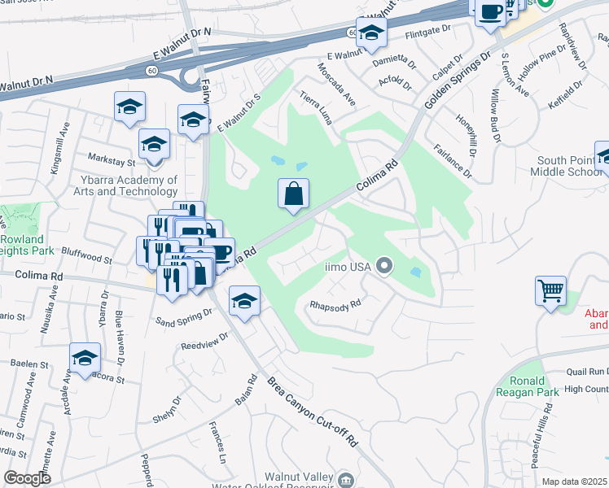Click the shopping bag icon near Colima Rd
pyautogui.click(x=294, y=194)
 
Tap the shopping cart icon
pyautogui.click(x=550, y=290)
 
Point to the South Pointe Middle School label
pyautogui.click(x=566, y=166)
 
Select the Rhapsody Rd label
pyautogui.click(x=335, y=307)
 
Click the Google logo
pyautogui.click(x=27, y=478)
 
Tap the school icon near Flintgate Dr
pyautogui.click(x=370, y=33)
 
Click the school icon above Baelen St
pyautogui.click(x=85, y=358)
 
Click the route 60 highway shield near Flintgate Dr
pyautogui.click(x=351, y=33)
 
